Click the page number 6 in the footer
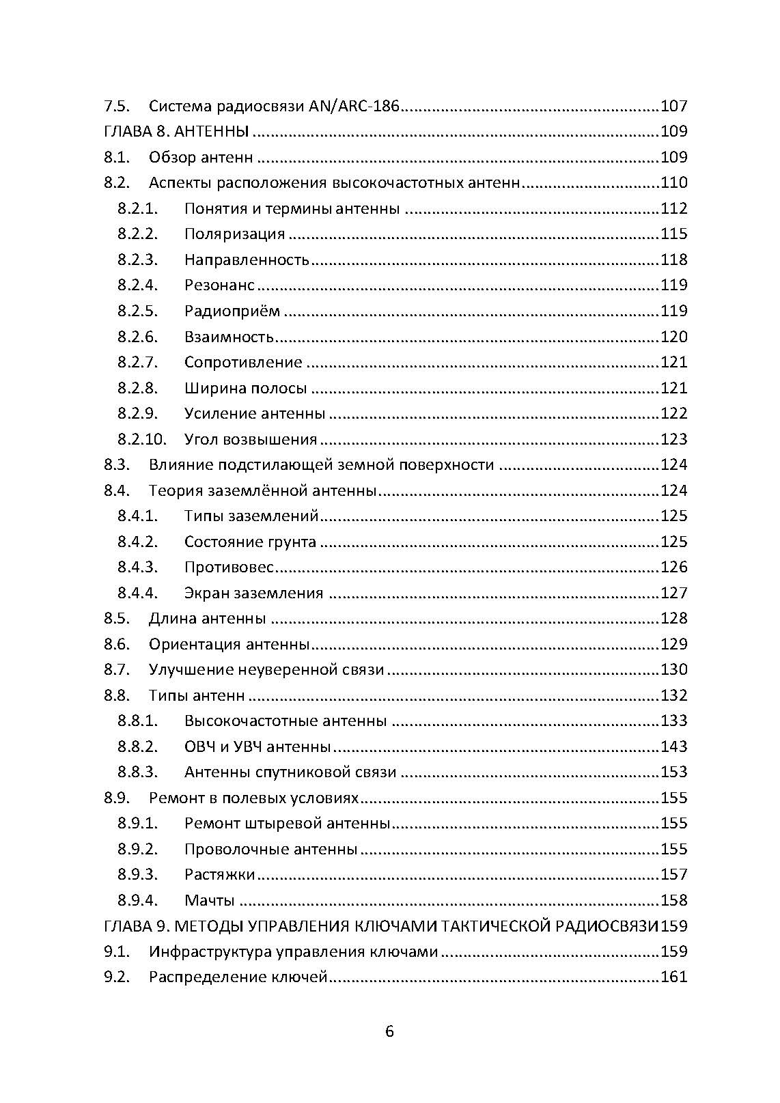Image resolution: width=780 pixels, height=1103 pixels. point(389,1031)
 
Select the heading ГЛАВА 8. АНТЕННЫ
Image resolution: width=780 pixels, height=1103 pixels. point(176,131)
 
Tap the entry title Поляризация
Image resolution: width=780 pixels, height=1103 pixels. point(234,234)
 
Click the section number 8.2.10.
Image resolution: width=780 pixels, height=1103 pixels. point(141,439)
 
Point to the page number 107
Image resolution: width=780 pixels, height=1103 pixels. point(673,106)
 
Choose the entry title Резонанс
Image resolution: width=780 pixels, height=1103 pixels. point(219,285)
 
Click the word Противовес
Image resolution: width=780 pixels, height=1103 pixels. point(229,568)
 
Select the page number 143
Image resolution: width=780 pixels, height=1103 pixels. point(673,746)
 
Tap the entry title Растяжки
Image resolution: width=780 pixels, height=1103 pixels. point(219,875)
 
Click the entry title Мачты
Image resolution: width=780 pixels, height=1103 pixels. point(209,900)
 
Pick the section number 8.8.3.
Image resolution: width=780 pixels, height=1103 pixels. point(137,772)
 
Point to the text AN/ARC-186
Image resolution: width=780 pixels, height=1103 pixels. point(354,106)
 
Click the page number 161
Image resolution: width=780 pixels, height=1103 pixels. point(673,977)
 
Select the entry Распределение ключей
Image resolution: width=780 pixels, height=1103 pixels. point(238,977)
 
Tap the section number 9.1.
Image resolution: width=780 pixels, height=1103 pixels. point(116,951)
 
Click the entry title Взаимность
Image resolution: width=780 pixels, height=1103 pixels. point(229,337)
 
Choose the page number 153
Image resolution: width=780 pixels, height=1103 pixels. point(673,772)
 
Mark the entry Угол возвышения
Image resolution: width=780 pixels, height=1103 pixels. point(251,439)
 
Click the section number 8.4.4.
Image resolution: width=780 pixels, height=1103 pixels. point(137,593)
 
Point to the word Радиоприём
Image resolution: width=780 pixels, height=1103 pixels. point(232,311)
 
